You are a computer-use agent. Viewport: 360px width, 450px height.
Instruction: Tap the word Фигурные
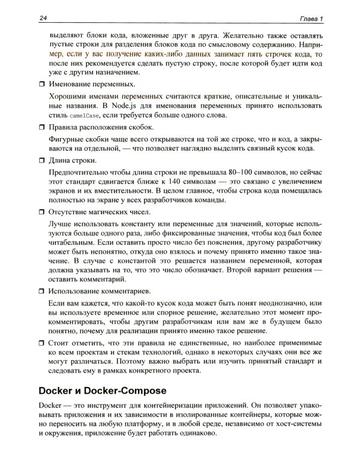pos(67,139)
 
